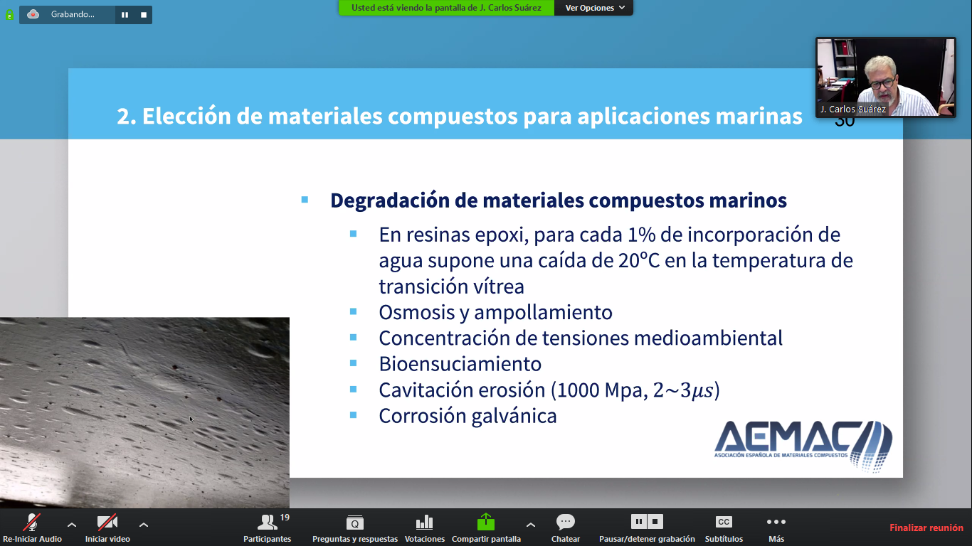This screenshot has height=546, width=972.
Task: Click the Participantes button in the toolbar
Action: [x=268, y=528]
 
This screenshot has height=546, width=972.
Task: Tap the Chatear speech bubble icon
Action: [x=566, y=522]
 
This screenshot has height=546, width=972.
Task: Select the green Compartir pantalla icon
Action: [x=486, y=522]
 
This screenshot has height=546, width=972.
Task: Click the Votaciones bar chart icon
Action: [x=424, y=523]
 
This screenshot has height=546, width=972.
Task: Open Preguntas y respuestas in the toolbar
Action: [x=355, y=528]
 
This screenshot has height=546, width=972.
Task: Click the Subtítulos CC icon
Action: [x=724, y=522]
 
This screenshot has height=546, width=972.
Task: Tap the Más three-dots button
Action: [x=776, y=522]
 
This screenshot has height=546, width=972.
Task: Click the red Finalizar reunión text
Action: [x=926, y=528]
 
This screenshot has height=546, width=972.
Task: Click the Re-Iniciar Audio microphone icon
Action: [x=32, y=522]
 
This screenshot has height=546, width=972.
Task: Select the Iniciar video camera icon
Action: [x=107, y=522]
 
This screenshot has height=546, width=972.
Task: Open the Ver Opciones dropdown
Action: [x=594, y=8]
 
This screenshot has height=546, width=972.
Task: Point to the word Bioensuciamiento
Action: [x=460, y=364]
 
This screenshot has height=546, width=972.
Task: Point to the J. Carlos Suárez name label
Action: [x=852, y=109]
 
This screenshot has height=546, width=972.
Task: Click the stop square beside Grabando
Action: [x=144, y=15]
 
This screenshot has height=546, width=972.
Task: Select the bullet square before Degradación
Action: [x=305, y=200]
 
